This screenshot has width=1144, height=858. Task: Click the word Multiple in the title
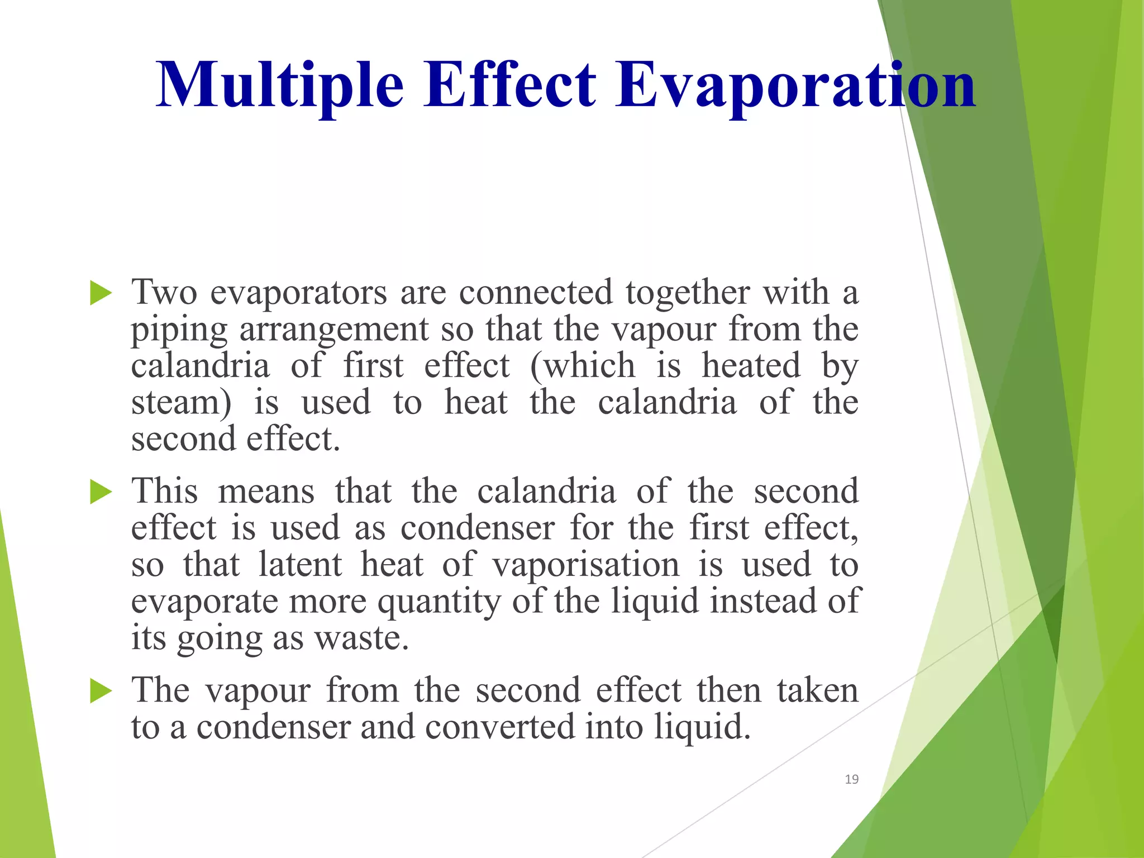[279, 85]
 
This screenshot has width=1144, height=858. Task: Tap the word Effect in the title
[509, 85]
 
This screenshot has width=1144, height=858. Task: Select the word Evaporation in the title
[795, 85]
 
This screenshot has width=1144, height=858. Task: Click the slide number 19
[851, 779]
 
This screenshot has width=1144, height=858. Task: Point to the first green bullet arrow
[101, 293]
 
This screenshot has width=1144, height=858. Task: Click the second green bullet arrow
[101, 492]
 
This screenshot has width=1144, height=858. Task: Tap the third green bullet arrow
[101, 692]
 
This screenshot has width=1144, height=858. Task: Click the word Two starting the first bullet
[164, 292]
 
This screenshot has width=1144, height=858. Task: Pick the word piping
[179, 330]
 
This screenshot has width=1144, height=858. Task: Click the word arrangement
[333, 330]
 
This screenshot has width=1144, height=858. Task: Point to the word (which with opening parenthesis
[583, 366]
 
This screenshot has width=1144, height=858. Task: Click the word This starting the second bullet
[164, 491]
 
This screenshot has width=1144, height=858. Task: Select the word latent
[300, 565]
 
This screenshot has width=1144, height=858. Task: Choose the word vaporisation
[586, 565]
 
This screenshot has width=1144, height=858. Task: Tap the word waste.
[361, 638]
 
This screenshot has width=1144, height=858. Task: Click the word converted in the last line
[499, 727]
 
